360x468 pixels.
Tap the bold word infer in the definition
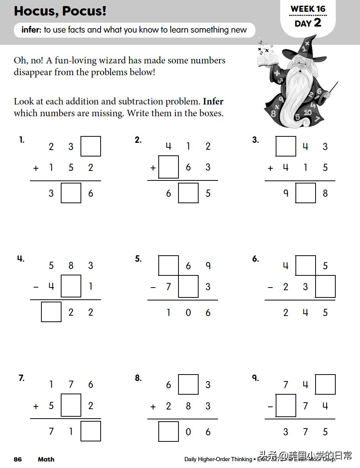[31, 30]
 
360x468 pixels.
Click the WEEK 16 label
[308, 9]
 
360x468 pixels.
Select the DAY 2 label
[308, 23]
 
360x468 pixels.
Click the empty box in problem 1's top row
[91, 146]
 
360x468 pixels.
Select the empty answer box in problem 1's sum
[71, 193]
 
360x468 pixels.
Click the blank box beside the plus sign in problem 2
[169, 167]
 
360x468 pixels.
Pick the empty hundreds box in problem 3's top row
[286, 146]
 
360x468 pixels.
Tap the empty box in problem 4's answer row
[51, 312]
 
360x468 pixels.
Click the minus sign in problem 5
[153, 287]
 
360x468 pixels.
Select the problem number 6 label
[256, 259]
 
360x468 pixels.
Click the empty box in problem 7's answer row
[91, 431]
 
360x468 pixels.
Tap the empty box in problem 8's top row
[188, 384]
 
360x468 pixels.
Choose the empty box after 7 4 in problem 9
[325, 384]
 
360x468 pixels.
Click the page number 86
[18, 459]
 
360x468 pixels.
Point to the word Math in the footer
[46, 459]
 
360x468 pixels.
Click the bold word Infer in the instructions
[213, 102]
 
